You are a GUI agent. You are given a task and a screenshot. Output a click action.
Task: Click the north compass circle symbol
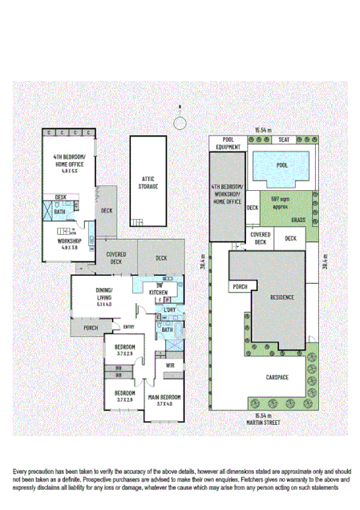[x=180, y=123]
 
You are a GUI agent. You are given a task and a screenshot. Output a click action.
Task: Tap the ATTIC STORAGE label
[x=148, y=183]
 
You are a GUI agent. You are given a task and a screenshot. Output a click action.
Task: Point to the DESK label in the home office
[x=61, y=196]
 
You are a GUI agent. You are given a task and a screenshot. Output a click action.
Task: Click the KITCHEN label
[x=158, y=293]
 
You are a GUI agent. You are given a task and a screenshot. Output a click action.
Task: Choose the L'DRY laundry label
[x=169, y=310]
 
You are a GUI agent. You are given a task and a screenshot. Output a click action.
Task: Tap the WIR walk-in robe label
[x=170, y=366]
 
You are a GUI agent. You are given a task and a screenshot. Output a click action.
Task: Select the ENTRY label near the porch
[x=128, y=326]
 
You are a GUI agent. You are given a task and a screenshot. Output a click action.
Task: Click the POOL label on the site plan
[x=281, y=164]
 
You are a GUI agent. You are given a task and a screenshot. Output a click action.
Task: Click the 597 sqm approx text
[x=279, y=200]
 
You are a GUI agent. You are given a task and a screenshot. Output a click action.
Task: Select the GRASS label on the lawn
[x=298, y=219]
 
